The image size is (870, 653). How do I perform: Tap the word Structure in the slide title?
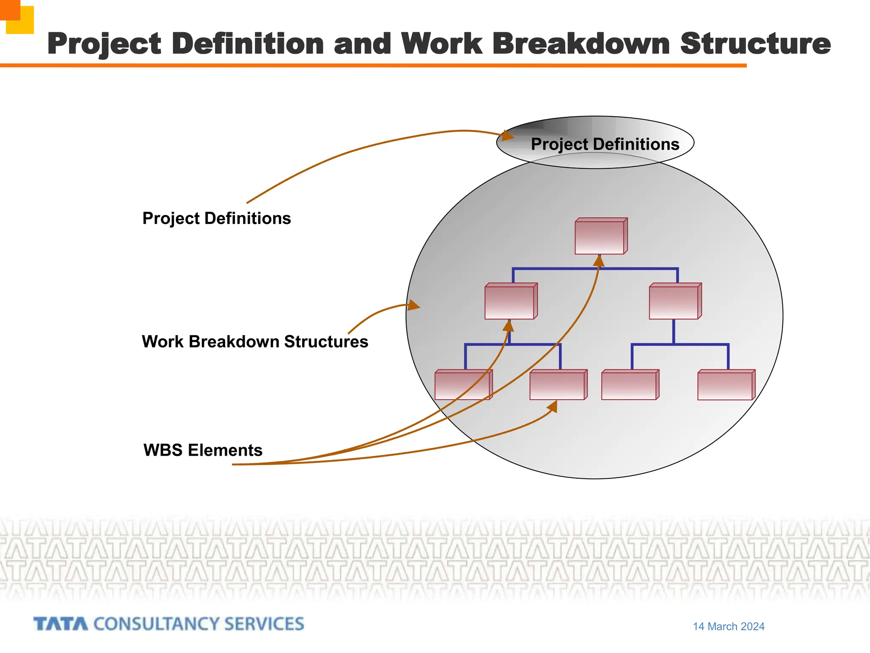tap(755, 44)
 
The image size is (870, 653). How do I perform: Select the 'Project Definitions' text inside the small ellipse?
tap(605, 144)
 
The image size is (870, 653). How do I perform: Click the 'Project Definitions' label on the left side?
tap(217, 219)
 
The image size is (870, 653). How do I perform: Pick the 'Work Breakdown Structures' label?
tap(255, 342)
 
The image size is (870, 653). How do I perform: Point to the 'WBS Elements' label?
tap(203, 450)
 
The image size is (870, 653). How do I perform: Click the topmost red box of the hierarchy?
tap(600, 237)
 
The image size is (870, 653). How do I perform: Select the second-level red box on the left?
tap(510, 302)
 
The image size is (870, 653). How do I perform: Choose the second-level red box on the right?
tap(674, 302)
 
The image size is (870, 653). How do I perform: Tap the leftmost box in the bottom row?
tap(462, 385)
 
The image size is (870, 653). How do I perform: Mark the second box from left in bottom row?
tap(557, 385)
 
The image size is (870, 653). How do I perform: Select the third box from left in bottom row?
tap(629, 385)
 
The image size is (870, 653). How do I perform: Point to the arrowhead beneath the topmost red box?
tap(599, 261)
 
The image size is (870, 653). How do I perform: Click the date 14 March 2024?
tap(729, 627)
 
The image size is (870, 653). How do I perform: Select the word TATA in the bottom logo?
tap(61, 624)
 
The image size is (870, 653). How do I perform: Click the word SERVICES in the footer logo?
tap(264, 624)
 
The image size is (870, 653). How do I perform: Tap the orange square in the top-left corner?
tap(10, 9)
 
